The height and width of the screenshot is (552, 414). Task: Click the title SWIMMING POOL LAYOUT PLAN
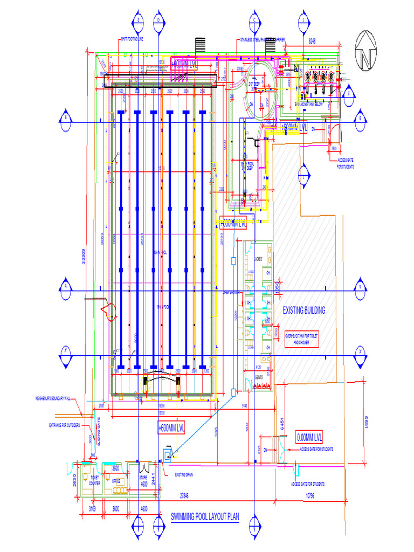(x=204, y=518)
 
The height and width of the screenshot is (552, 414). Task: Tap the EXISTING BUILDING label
(x=304, y=310)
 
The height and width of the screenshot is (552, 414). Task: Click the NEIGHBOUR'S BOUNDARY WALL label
(x=53, y=399)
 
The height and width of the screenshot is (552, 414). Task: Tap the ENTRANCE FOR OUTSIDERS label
(x=64, y=426)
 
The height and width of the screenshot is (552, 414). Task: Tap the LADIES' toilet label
(x=258, y=260)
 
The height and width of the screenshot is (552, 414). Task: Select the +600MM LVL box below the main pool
(x=171, y=428)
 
